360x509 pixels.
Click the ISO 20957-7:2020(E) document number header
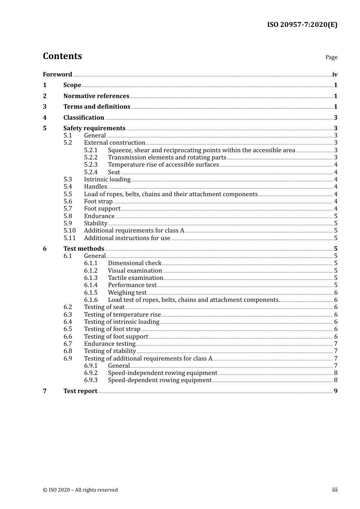coord(302,25)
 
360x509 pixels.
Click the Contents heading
coord(62,56)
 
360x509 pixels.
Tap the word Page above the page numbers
coord(331,57)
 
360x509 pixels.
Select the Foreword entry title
coord(57,74)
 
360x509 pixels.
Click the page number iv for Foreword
coord(335,75)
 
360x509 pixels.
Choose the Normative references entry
coord(96,96)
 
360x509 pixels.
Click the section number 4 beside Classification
coord(45,117)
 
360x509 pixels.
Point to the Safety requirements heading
coord(94,128)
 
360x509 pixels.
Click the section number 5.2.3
coord(91,164)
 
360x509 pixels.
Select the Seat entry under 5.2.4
coord(114,172)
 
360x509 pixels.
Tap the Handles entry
coord(95,186)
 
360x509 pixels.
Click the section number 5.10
coord(69,230)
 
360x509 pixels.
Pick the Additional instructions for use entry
coord(127,238)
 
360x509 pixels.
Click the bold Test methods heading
coord(83,248)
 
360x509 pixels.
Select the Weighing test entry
coord(127,292)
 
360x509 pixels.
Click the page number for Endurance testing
coord(336,343)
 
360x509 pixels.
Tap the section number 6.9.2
coord(91,373)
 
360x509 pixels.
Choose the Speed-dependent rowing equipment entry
coord(160,380)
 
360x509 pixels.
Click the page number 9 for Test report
coord(336,391)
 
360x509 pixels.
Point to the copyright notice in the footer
coord(80,490)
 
